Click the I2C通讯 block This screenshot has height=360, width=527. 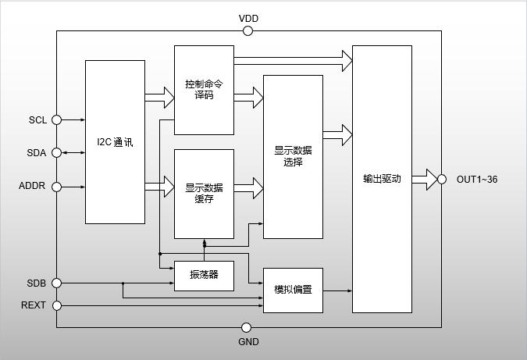click(x=115, y=142)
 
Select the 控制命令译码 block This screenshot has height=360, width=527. click(x=204, y=90)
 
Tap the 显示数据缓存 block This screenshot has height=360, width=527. click(x=204, y=193)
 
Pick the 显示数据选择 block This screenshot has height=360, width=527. click(x=293, y=156)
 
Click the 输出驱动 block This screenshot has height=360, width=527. click(x=382, y=179)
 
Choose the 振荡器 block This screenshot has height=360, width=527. click(x=204, y=274)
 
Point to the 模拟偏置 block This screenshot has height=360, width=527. click(x=293, y=290)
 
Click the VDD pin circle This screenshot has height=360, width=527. click(x=248, y=31)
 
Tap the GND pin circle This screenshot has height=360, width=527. click(x=247, y=327)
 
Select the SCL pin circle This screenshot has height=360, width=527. click(x=56, y=120)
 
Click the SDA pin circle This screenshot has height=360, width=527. click(x=56, y=153)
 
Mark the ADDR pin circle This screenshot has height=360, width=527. click(x=56, y=187)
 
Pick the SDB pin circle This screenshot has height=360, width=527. click(x=56, y=282)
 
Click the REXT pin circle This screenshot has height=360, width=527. click(x=56, y=305)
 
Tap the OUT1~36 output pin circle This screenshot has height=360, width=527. click(x=442, y=179)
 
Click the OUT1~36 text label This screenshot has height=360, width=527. click(x=477, y=180)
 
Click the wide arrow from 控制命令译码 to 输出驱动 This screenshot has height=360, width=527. click(x=293, y=57)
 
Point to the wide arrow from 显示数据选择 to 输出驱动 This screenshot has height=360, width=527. click(x=337, y=134)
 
